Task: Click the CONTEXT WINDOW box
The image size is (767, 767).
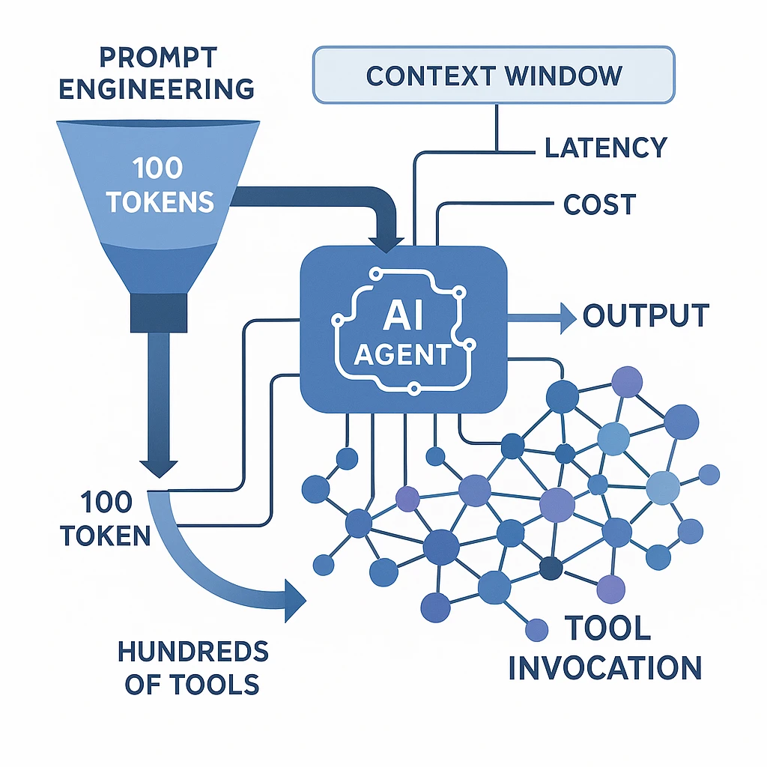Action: click(x=494, y=75)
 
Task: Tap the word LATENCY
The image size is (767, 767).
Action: click(x=605, y=148)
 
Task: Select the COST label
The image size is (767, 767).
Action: click(x=599, y=204)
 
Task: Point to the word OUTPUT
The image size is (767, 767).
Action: click(x=646, y=316)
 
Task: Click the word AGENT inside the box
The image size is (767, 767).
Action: click(x=403, y=354)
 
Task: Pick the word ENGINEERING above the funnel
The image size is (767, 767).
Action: click(x=156, y=88)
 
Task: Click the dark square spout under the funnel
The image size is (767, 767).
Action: click(x=159, y=312)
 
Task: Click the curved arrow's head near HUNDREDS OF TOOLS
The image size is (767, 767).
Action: click(x=295, y=598)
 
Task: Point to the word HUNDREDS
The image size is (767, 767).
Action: click(x=193, y=651)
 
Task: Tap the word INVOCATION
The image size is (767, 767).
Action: click(x=605, y=666)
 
